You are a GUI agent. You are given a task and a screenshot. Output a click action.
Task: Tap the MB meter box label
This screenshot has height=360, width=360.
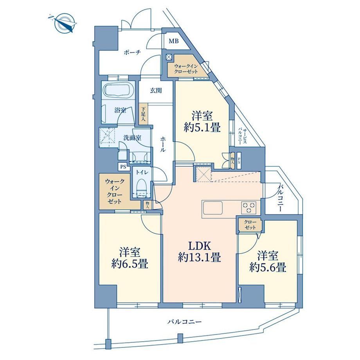tap(174, 41)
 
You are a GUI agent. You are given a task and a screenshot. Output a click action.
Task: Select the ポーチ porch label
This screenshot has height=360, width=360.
tap(132, 52)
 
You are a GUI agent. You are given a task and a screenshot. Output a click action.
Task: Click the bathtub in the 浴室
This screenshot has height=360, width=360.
tap(119, 90)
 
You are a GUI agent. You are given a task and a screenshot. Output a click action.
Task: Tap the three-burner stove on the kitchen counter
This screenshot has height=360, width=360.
tap(248, 207)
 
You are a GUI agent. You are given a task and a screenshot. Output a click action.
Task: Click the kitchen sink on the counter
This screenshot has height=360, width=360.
tap(212, 208)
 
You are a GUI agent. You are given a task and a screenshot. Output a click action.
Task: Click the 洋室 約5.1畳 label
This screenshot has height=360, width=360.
tap(202, 121)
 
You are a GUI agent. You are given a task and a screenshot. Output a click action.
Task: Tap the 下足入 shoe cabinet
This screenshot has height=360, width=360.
tap(143, 114)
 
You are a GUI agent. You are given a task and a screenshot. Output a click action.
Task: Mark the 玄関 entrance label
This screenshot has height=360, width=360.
tap(156, 90)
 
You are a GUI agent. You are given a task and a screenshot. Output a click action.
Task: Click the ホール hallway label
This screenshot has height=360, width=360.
tap(163, 144)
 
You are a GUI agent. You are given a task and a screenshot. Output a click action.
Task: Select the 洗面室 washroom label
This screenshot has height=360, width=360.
tap(132, 138)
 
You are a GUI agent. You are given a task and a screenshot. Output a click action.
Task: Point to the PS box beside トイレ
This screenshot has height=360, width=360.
tap(123, 167)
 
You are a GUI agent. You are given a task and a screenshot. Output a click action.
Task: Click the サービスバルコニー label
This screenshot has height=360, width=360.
tap(242, 136)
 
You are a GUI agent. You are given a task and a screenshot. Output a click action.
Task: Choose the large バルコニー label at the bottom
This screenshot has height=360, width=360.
tap(184, 322)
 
